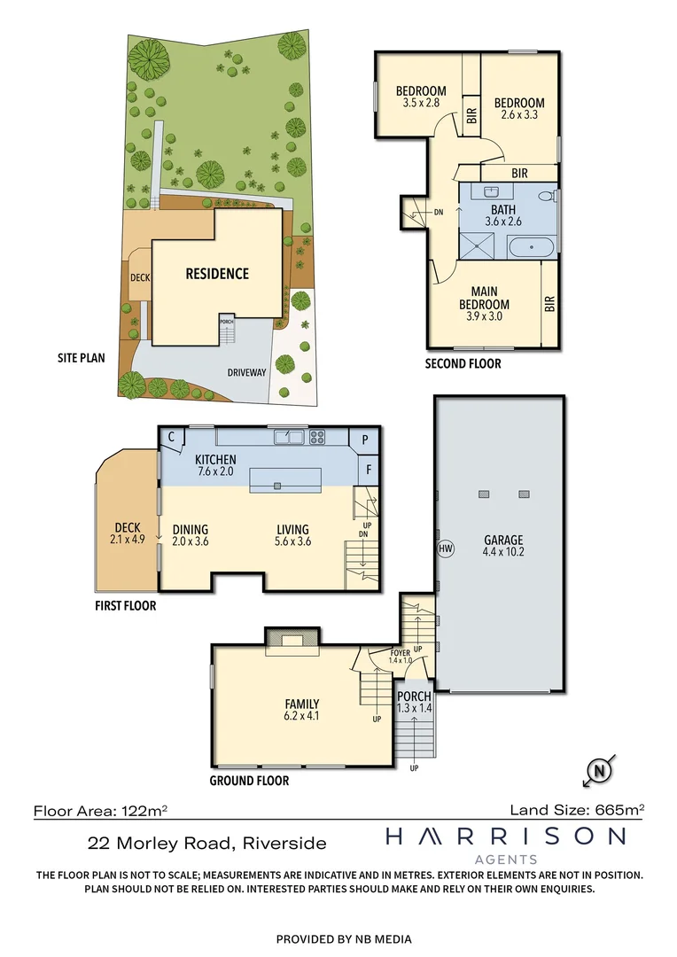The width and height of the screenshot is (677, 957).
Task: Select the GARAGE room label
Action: coord(502,540)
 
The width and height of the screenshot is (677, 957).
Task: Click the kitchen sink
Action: coord(290,436)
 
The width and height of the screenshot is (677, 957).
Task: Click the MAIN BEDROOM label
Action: coord(484,299)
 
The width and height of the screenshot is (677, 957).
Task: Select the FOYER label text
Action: coord(401,652)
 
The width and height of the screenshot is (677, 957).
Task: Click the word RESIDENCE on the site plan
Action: coord(216,274)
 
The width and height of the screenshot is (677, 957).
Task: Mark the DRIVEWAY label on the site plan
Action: coord(245,372)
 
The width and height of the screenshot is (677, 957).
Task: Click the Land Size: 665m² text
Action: coord(577,809)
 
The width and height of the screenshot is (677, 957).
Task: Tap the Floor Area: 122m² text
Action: coord(101,810)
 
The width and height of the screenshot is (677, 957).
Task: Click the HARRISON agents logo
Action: coord(504,841)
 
